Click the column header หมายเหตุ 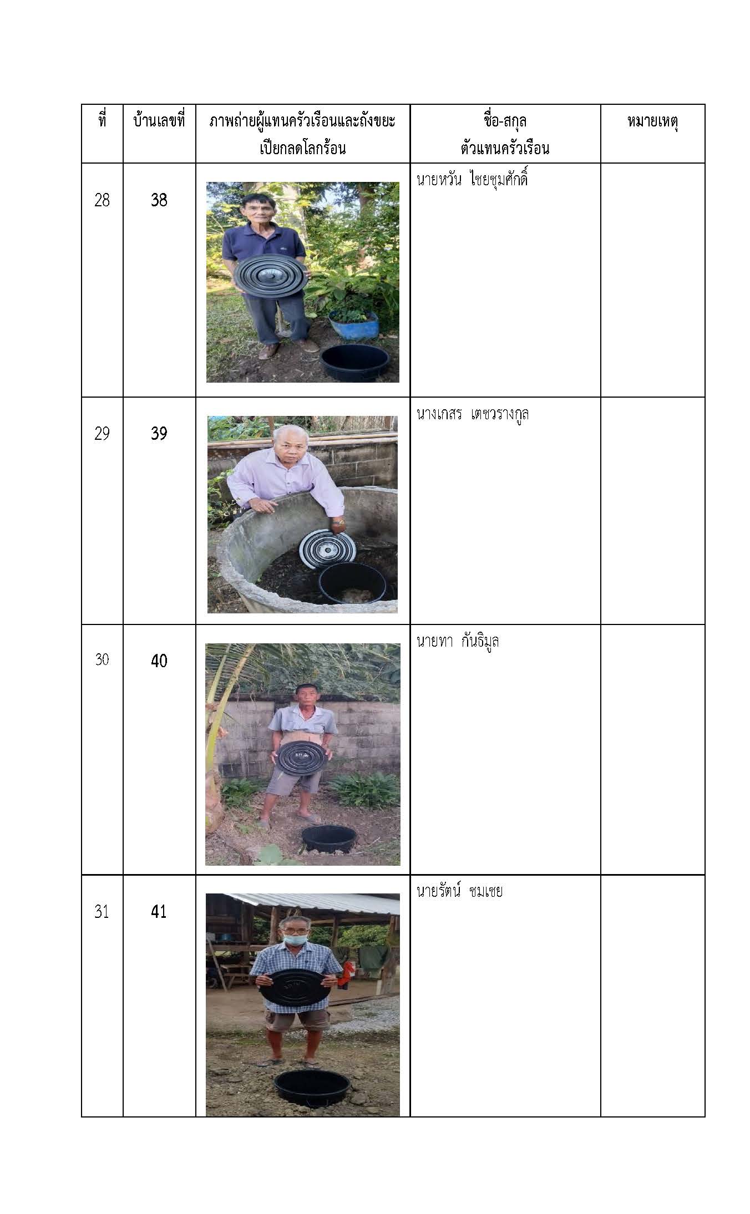pyautogui.click(x=652, y=122)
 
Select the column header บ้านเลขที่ pyautogui.click(x=159, y=121)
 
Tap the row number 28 pyautogui.click(x=102, y=200)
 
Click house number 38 pyautogui.click(x=159, y=200)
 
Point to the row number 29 pyautogui.click(x=102, y=433)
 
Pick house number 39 pyautogui.click(x=159, y=433)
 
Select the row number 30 pyautogui.click(x=102, y=659)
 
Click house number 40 pyautogui.click(x=159, y=661)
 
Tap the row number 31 pyautogui.click(x=102, y=912)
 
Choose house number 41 pyautogui.click(x=159, y=912)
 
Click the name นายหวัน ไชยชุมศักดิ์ pyautogui.click(x=472, y=180)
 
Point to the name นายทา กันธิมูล pyautogui.click(x=458, y=642)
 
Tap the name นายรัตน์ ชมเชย pyautogui.click(x=459, y=891)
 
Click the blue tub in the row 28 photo pyautogui.click(x=353, y=324)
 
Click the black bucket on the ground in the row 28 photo pyautogui.click(x=355, y=362)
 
